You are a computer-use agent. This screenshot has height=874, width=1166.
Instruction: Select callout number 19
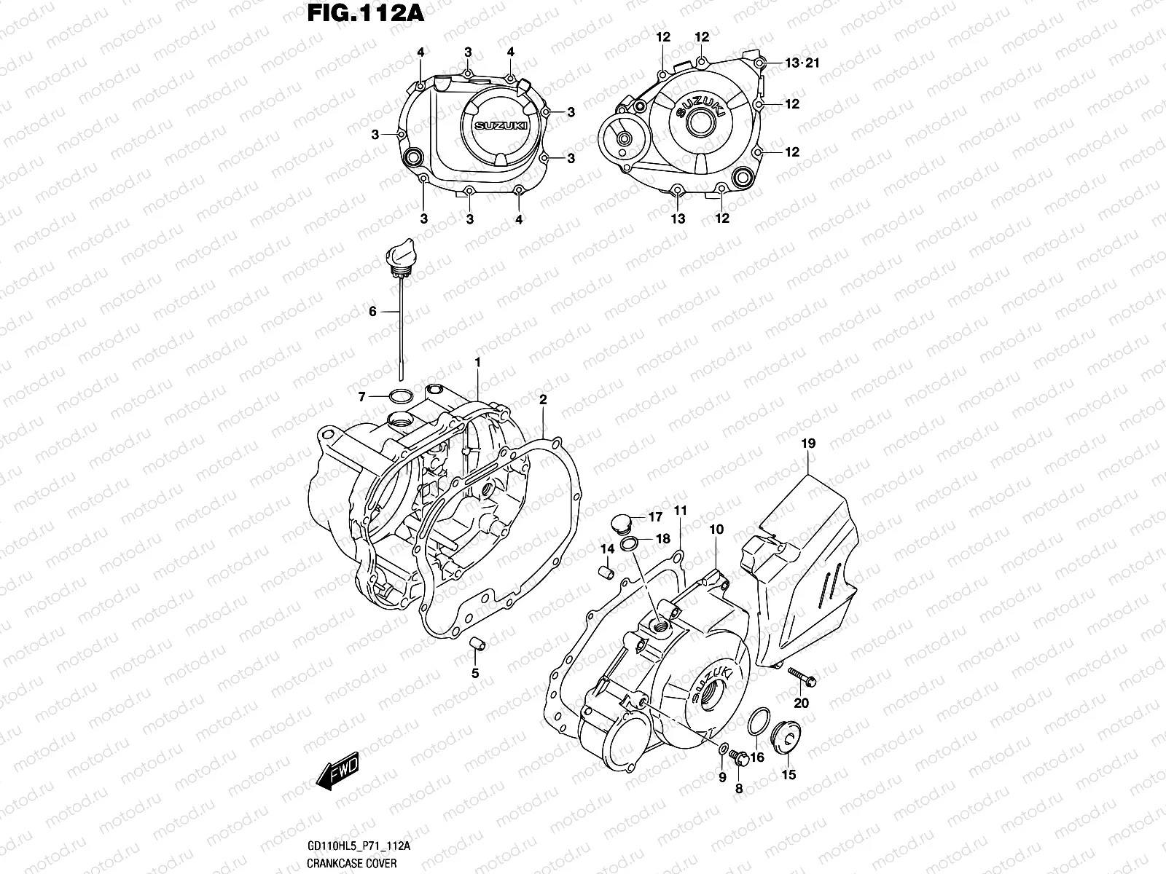(x=808, y=443)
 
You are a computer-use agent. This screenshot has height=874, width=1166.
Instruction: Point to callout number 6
(x=372, y=312)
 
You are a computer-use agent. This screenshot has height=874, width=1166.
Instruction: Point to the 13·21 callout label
(x=802, y=63)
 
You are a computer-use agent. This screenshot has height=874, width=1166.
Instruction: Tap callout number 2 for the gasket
(x=543, y=400)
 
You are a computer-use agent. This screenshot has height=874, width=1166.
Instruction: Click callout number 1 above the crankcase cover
(x=477, y=362)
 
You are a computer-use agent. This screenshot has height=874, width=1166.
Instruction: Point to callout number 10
(x=716, y=529)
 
